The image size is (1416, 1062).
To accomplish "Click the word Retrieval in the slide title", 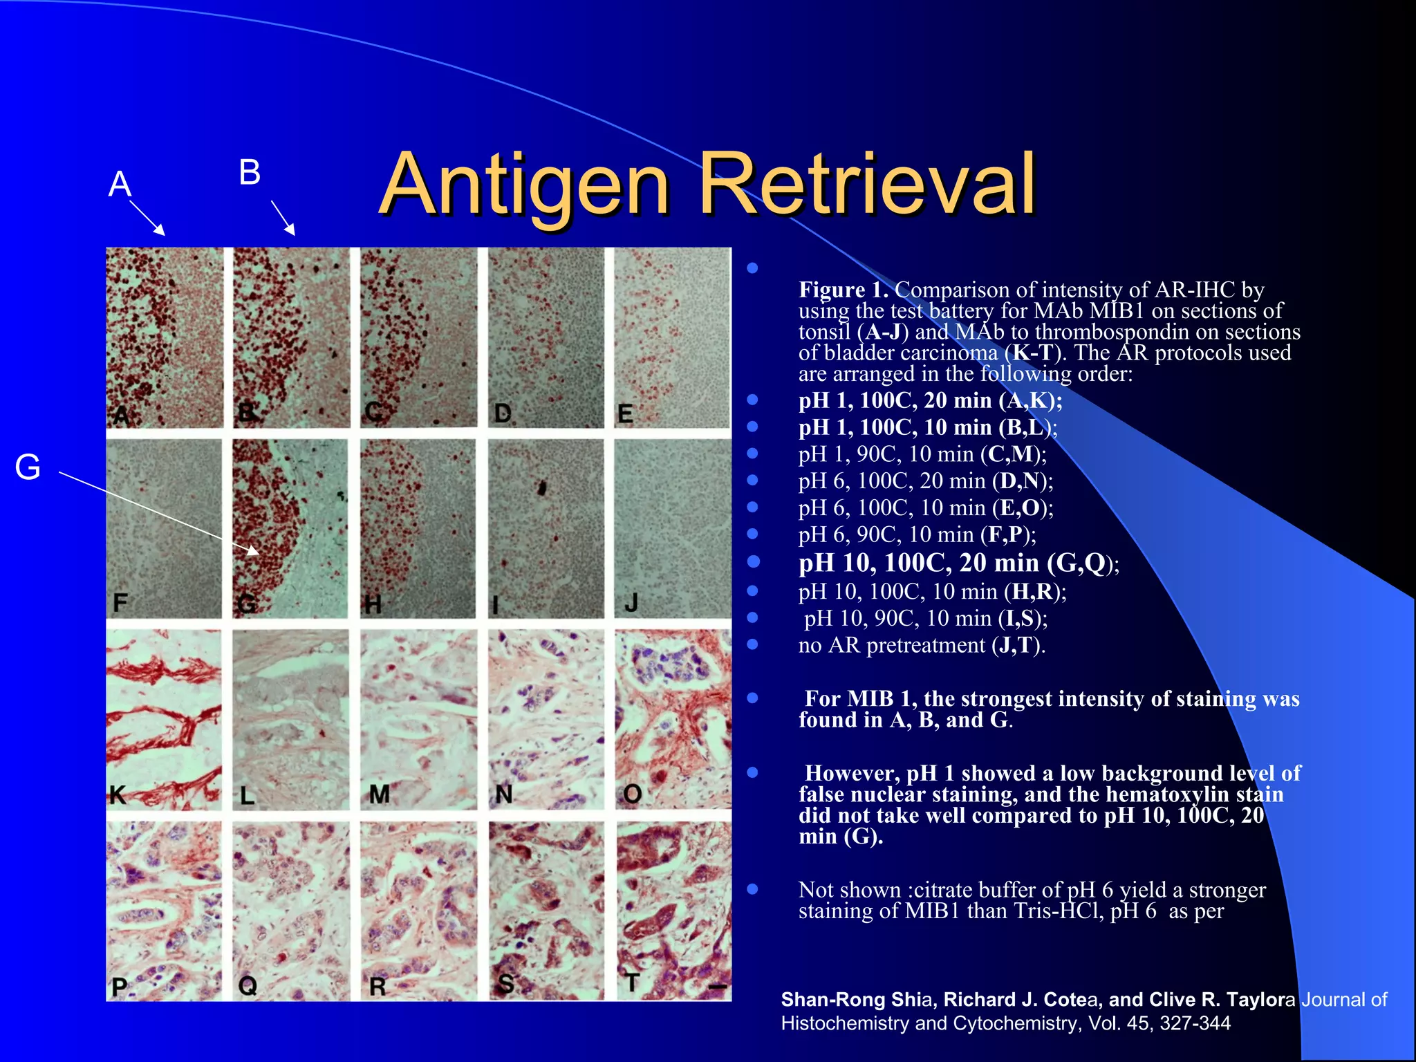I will [867, 185].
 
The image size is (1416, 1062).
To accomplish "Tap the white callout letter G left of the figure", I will [28, 467].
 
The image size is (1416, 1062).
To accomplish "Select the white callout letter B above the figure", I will [250, 172].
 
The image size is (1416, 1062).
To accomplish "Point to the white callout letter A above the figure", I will [120, 184].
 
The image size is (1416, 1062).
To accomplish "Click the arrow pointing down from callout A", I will [147, 218].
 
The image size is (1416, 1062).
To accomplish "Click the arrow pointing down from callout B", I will [283, 218].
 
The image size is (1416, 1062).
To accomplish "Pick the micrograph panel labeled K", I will [164, 719].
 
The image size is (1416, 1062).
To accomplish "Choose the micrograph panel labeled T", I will [673, 910].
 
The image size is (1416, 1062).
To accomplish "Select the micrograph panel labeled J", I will [673, 528].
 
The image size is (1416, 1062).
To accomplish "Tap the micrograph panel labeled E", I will [673, 337].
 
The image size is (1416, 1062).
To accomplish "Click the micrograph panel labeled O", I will [673, 719].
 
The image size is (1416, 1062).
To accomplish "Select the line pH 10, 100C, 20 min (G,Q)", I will [958, 563].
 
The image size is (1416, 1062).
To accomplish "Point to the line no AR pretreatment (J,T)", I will [922, 645].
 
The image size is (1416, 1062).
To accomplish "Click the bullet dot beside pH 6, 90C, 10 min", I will [753, 534].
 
